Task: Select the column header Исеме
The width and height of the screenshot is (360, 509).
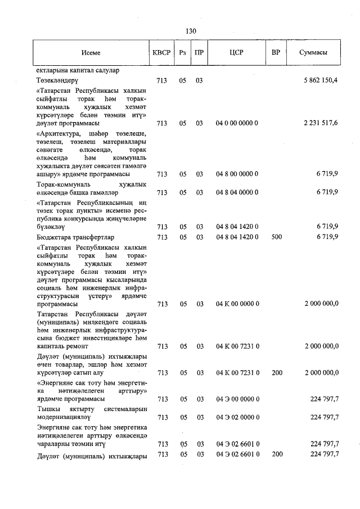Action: click(x=90, y=52)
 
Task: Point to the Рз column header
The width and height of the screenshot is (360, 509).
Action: click(x=182, y=52)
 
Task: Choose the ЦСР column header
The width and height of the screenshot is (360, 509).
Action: click(x=237, y=52)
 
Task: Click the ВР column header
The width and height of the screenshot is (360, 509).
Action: click(x=276, y=52)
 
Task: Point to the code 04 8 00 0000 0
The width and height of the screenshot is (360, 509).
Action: click(x=237, y=174)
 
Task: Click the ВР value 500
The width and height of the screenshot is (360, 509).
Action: click(x=277, y=237)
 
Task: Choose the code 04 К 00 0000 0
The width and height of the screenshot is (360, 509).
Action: click(x=237, y=304)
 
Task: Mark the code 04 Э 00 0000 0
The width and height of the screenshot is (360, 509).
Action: click(x=237, y=399)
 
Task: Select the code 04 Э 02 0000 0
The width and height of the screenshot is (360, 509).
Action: click(x=237, y=417)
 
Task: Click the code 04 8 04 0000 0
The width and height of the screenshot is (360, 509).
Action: click(x=237, y=192)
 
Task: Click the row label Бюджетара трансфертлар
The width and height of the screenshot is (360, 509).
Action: click(x=75, y=237)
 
